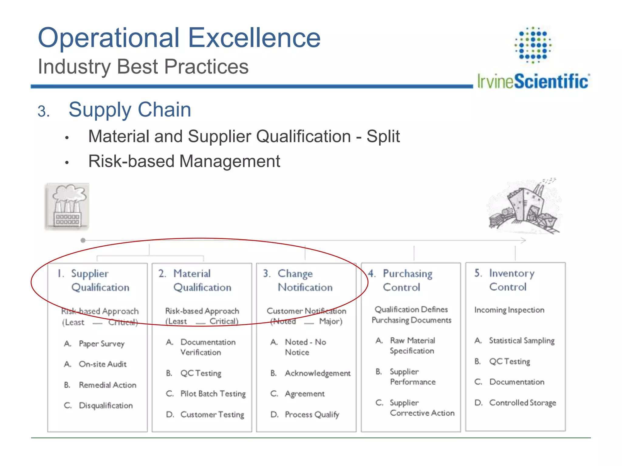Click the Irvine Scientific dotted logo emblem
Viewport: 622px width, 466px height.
click(533, 45)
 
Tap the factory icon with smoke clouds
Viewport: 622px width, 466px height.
click(67, 206)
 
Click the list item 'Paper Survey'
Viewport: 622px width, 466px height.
click(101, 344)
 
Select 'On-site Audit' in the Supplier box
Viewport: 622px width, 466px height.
click(102, 364)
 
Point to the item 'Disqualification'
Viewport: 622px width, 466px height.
click(106, 406)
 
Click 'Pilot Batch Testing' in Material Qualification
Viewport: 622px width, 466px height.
click(213, 394)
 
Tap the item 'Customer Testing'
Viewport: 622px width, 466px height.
click(212, 414)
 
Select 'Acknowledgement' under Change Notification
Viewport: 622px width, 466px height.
click(317, 373)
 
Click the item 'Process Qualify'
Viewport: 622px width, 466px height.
click(312, 414)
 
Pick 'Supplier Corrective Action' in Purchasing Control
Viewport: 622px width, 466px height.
click(422, 408)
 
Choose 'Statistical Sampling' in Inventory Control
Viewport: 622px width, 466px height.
click(521, 341)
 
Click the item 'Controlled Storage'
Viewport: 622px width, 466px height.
click(522, 403)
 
